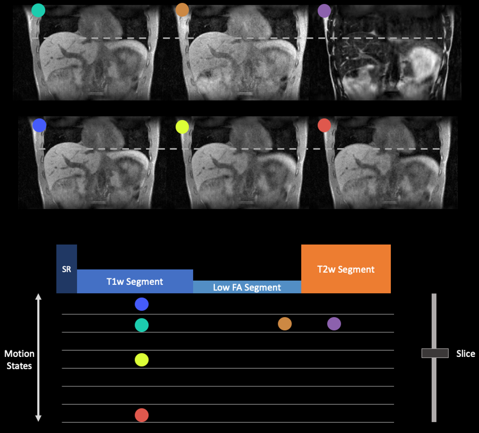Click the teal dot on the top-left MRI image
tap(39, 10)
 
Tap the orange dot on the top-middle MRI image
tap(182, 10)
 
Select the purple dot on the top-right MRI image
tap(324, 11)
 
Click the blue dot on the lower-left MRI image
tap(39, 125)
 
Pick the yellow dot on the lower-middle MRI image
tap(182, 127)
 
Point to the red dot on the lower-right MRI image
tap(324, 125)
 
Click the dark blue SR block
tap(66, 269)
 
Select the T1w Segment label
tap(135, 282)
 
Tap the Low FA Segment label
tap(247, 287)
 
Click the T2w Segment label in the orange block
tap(346, 269)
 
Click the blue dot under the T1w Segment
tap(142, 304)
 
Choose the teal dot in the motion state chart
tap(142, 325)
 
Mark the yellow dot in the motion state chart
tap(142, 360)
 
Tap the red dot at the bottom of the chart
tap(142, 415)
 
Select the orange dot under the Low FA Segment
tap(285, 324)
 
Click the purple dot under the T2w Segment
tap(334, 324)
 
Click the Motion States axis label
tap(19, 360)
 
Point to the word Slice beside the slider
tap(465, 353)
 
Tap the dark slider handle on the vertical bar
tap(435, 353)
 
